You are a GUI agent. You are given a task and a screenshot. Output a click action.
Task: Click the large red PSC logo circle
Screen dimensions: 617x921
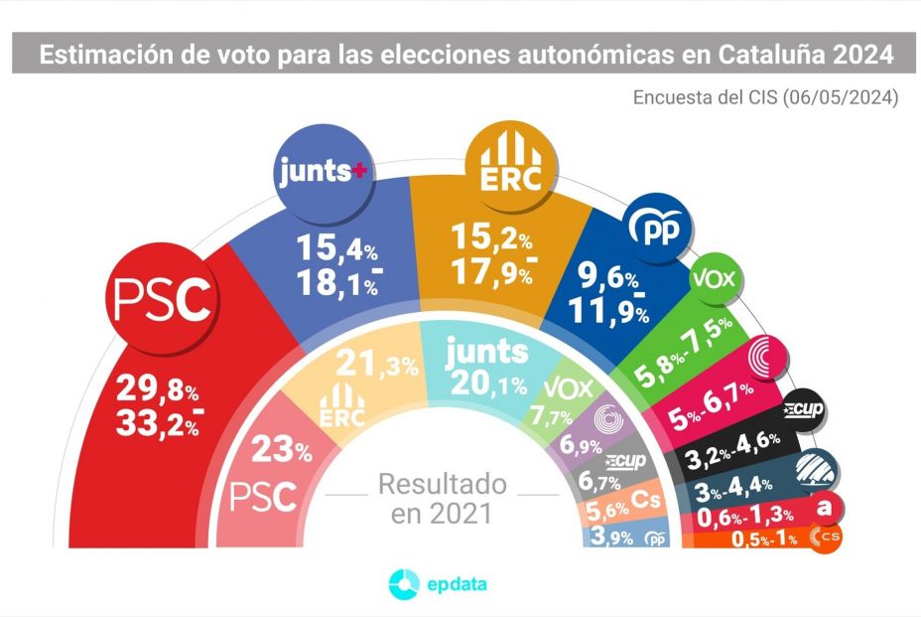click(x=164, y=301)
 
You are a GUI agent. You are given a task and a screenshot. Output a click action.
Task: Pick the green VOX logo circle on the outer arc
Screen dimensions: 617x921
click(x=716, y=280)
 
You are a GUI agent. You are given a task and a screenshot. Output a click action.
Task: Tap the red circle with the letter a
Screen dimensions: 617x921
click(x=824, y=507)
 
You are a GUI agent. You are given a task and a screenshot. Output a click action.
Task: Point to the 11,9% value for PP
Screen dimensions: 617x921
click(x=609, y=313)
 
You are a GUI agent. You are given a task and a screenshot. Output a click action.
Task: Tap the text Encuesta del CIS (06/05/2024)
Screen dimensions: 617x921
click(x=766, y=97)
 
